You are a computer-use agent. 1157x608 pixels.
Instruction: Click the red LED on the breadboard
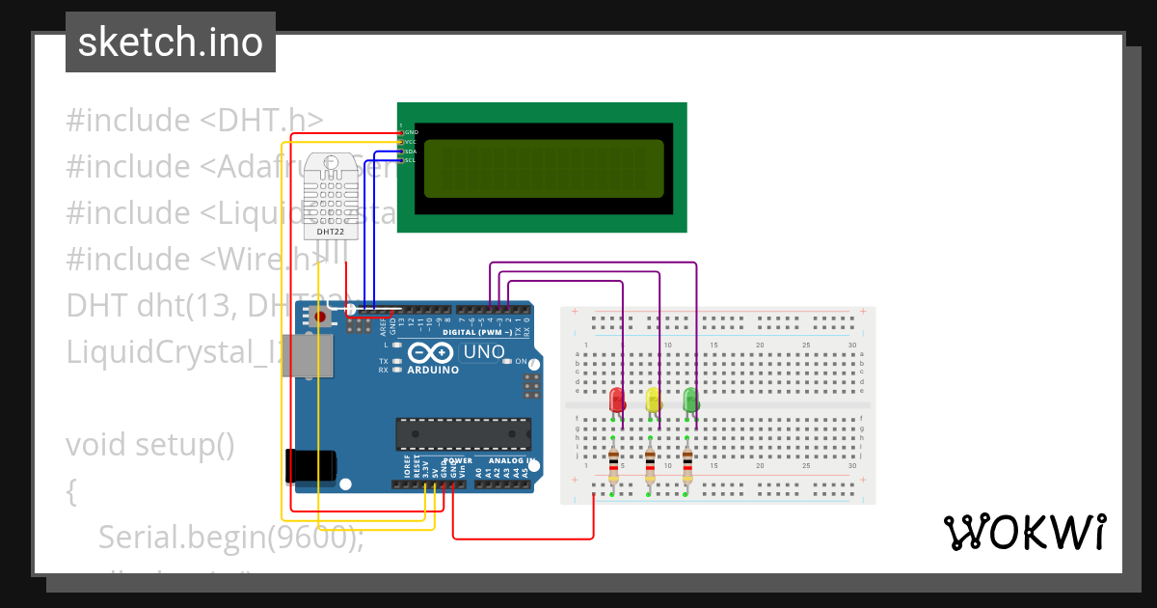tap(617, 400)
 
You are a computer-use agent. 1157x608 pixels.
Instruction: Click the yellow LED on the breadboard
tap(654, 400)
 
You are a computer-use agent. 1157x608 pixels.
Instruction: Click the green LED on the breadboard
tap(690, 400)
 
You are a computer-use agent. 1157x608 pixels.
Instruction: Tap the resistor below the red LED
tap(613, 466)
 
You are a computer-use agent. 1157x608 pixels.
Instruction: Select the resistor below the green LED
tap(686, 466)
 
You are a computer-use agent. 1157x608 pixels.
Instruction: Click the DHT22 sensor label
tap(331, 232)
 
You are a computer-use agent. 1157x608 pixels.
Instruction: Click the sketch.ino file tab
tap(171, 42)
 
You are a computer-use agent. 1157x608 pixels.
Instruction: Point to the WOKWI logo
tap(1024, 532)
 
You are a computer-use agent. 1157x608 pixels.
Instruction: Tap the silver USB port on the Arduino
tap(310, 355)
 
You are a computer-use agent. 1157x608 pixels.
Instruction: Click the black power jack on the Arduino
tap(310, 466)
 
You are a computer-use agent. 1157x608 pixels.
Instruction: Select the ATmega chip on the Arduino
tap(463, 434)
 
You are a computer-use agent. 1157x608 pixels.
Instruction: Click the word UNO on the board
tap(484, 352)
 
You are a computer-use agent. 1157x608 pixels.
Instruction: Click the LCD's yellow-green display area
tap(543, 167)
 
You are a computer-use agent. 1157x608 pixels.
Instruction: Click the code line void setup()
tap(150, 445)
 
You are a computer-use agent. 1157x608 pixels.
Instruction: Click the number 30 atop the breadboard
tap(851, 345)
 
